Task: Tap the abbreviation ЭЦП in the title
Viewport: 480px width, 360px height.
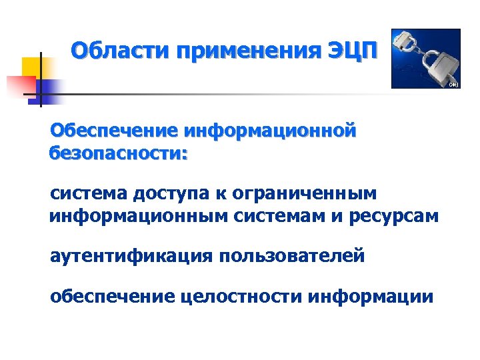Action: tap(353, 50)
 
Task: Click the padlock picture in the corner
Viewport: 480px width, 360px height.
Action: tap(426, 59)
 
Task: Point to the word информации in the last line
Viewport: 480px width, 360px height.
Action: tap(371, 296)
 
